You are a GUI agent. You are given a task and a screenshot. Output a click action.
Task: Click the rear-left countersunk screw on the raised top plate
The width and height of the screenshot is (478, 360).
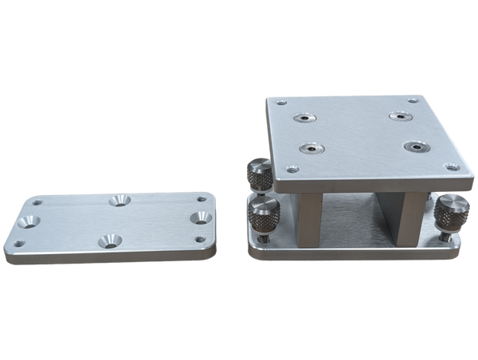(x=304, y=119)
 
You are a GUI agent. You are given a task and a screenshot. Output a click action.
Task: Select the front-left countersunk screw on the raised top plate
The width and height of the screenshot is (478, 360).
(x=308, y=147)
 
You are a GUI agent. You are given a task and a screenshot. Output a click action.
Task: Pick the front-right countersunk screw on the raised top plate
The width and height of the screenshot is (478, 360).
(x=416, y=147)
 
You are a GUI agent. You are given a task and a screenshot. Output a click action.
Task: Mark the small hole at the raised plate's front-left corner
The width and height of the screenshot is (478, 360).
(x=292, y=169)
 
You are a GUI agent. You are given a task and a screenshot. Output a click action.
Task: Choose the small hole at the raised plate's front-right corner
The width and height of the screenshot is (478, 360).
(x=452, y=168)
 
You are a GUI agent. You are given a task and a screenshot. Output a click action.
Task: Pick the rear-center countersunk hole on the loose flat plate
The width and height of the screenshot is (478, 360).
(x=121, y=200)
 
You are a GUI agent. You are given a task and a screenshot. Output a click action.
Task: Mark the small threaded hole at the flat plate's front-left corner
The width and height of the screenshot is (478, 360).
(x=20, y=243)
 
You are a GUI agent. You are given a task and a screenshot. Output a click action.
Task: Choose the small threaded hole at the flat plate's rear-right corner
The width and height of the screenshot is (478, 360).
(x=202, y=198)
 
